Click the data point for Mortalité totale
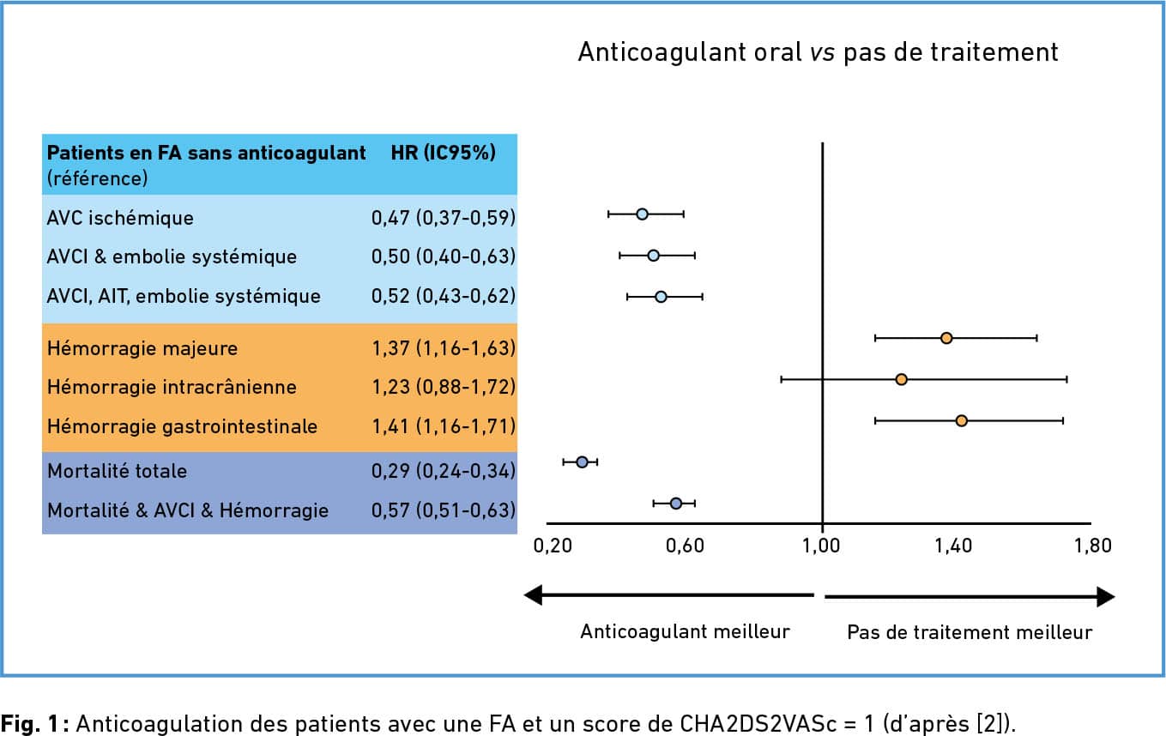click(582, 462)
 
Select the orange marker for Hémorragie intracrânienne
click(901, 379)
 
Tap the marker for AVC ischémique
click(642, 214)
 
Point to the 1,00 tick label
click(822, 546)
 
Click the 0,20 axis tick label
click(552, 546)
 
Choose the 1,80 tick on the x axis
click(1092, 546)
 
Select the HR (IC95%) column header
click(443, 153)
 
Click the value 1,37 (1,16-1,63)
click(443, 348)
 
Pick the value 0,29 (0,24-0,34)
click(443, 470)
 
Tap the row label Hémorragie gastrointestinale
click(182, 426)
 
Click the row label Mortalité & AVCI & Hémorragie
click(188, 510)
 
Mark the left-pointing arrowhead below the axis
click(534, 594)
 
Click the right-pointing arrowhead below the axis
click(1105, 597)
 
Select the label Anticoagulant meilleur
click(685, 632)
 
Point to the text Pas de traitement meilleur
click(970, 633)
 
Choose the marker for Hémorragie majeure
click(946, 338)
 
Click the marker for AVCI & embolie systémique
click(653, 256)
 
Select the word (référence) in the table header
click(97, 178)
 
